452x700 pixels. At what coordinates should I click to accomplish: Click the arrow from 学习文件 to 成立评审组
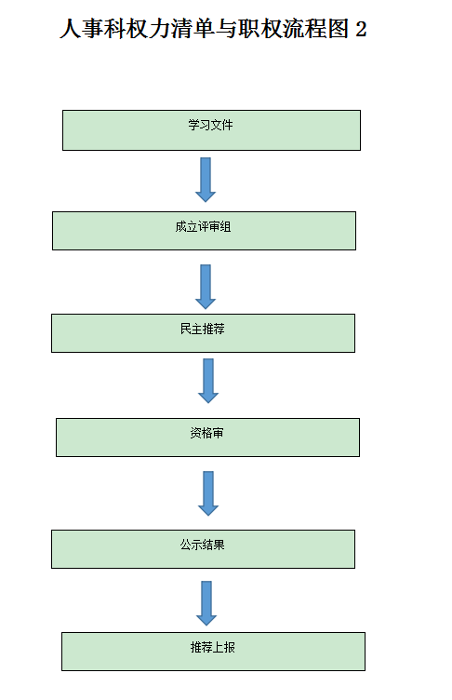(x=206, y=179)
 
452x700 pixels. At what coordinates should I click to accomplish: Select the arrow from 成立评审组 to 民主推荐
(x=206, y=286)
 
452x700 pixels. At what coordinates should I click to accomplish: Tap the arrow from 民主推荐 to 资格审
(x=208, y=380)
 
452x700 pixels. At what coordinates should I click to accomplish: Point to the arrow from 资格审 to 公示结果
(x=208, y=492)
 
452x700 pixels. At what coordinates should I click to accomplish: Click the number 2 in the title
(x=362, y=30)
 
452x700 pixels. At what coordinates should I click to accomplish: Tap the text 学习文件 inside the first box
(x=211, y=124)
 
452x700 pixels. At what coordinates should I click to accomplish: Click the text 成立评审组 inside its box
(x=203, y=226)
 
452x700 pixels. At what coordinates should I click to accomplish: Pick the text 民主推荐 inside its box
(x=203, y=329)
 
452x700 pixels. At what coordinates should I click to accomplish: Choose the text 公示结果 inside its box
(x=203, y=545)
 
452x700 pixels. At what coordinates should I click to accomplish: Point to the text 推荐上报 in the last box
(x=213, y=647)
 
